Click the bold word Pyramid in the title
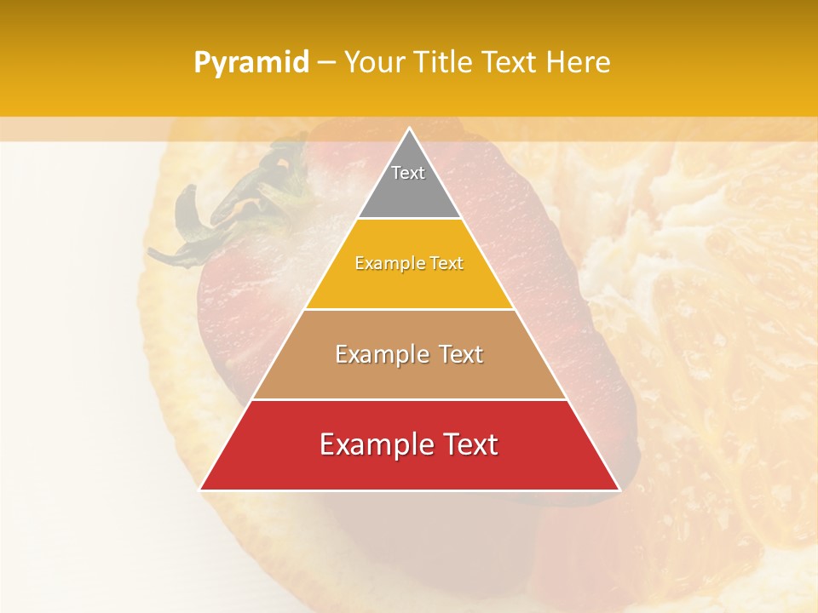click(x=251, y=63)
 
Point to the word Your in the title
click(x=376, y=63)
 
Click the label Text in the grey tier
click(x=408, y=173)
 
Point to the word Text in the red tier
click(x=467, y=445)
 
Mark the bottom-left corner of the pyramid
click(x=201, y=490)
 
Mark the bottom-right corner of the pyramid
click(x=619, y=490)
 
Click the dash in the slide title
click(x=326, y=63)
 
